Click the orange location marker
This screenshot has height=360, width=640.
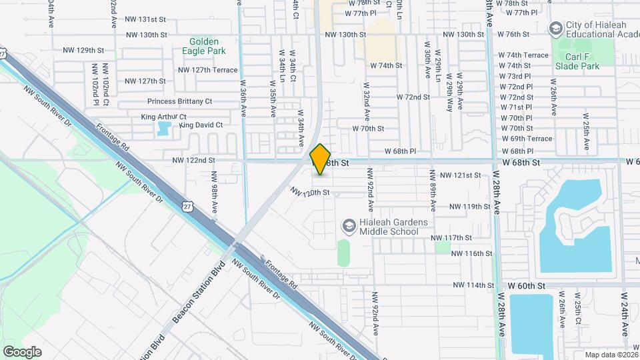point(321,159)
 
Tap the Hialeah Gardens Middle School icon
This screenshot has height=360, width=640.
point(349,226)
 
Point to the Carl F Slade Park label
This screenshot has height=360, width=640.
point(577,61)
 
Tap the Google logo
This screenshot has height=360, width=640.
point(22,351)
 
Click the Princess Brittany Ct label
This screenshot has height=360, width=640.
point(179,101)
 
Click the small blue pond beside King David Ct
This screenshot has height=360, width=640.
point(163,129)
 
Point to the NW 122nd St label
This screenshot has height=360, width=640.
point(193,160)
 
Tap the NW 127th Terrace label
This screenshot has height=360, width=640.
point(207,69)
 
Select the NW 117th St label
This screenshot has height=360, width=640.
point(451,237)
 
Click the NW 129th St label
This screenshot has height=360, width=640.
point(84,50)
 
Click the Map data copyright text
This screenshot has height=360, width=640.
point(610,355)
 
